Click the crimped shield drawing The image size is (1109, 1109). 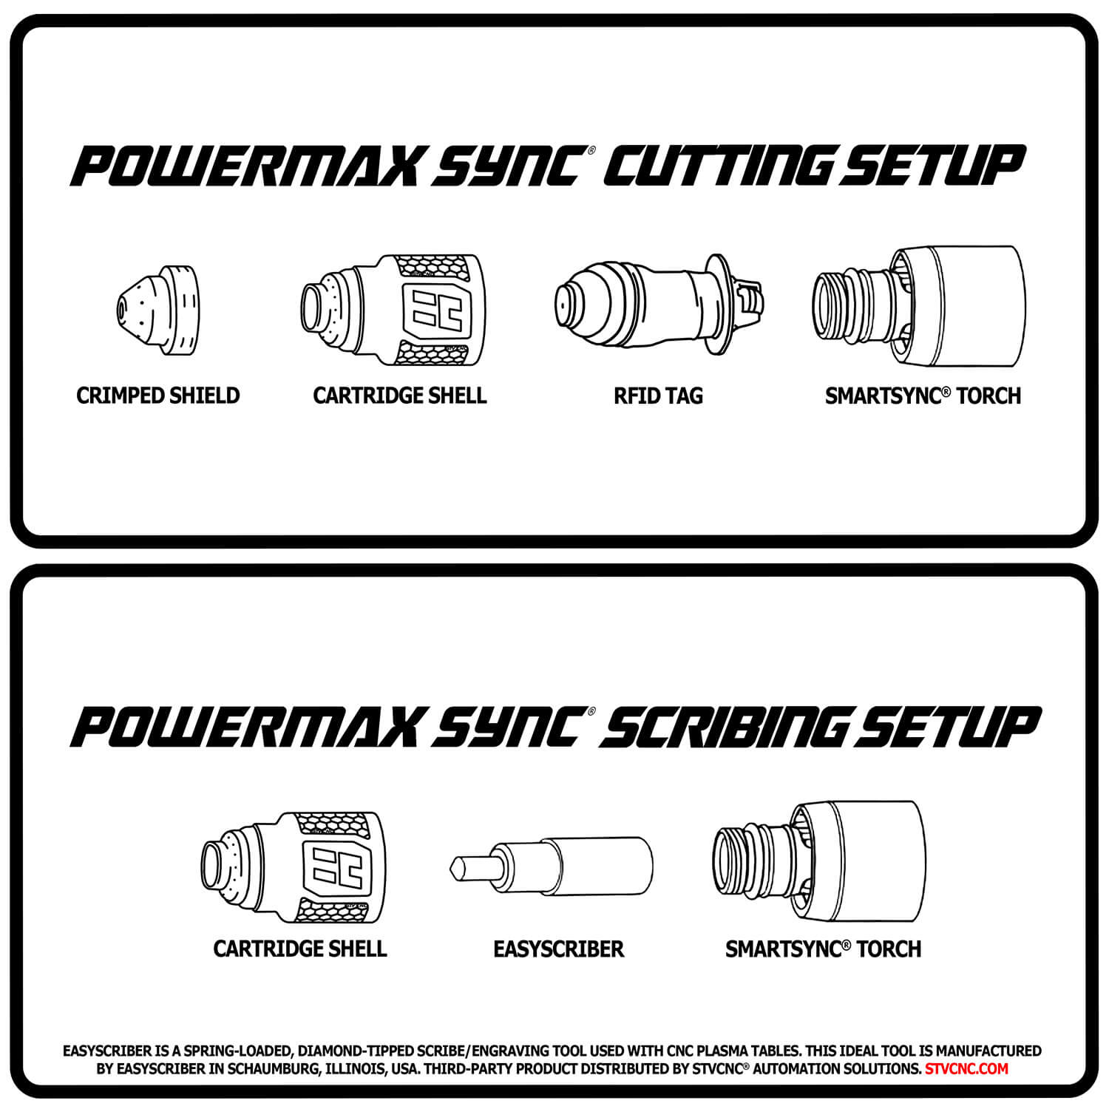coord(157,306)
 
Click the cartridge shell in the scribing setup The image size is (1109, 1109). coord(294,867)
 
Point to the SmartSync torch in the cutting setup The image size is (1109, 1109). coord(919,306)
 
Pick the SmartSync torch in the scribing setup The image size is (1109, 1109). coord(819,862)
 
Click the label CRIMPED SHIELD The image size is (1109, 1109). coord(158,396)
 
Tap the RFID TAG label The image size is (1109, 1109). coord(658,396)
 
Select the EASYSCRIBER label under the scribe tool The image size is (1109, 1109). coord(558,949)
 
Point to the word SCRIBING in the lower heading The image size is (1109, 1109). coord(725,726)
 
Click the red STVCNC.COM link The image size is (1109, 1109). coord(966,1068)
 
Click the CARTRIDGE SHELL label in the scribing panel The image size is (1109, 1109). coord(300,949)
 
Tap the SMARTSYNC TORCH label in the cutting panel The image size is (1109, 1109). coord(923,396)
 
